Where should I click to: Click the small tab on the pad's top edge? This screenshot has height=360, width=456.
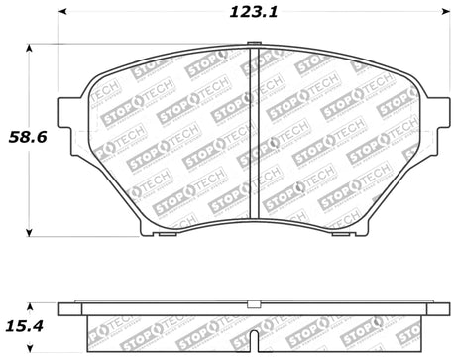coord(255,45)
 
